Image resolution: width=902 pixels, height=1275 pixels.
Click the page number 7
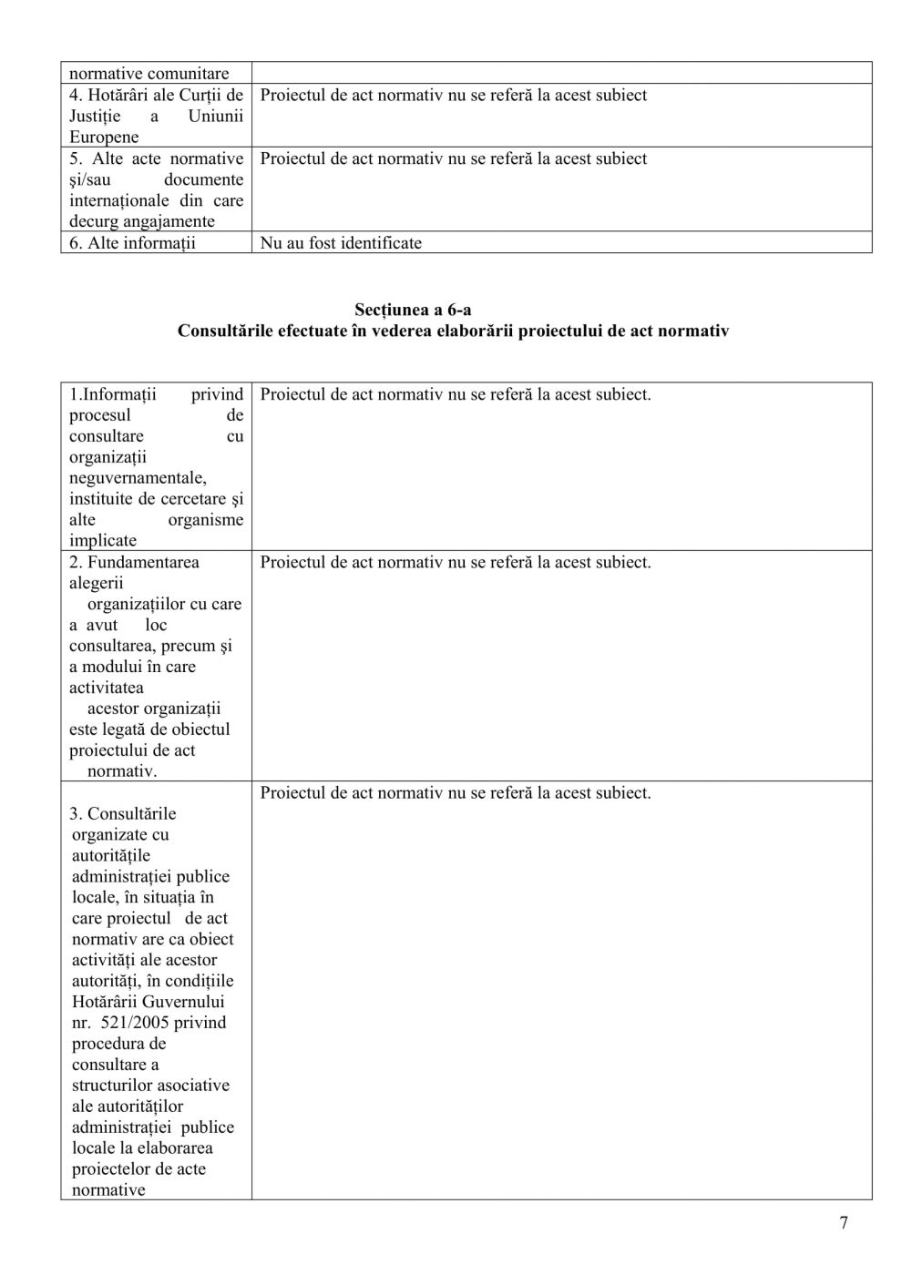[x=843, y=1223]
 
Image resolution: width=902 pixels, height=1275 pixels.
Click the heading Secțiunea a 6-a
[x=413, y=310]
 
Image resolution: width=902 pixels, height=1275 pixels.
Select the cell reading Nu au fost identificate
[x=341, y=243]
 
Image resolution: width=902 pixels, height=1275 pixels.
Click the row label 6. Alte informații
[x=132, y=243]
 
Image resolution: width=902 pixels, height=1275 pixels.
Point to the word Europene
[x=104, y=138]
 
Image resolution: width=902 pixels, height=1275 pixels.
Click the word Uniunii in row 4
[x=216, y=117]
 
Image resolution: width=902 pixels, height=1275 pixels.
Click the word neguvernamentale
[x=138, y=478]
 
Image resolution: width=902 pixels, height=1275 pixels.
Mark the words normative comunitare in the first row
[x=149, y=74]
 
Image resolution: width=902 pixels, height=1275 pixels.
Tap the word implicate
[x=103, y=541]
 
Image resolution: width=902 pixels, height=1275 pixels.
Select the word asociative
[x=191, y=1086]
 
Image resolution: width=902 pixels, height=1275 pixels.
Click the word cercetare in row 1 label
[x=192, y=499]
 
